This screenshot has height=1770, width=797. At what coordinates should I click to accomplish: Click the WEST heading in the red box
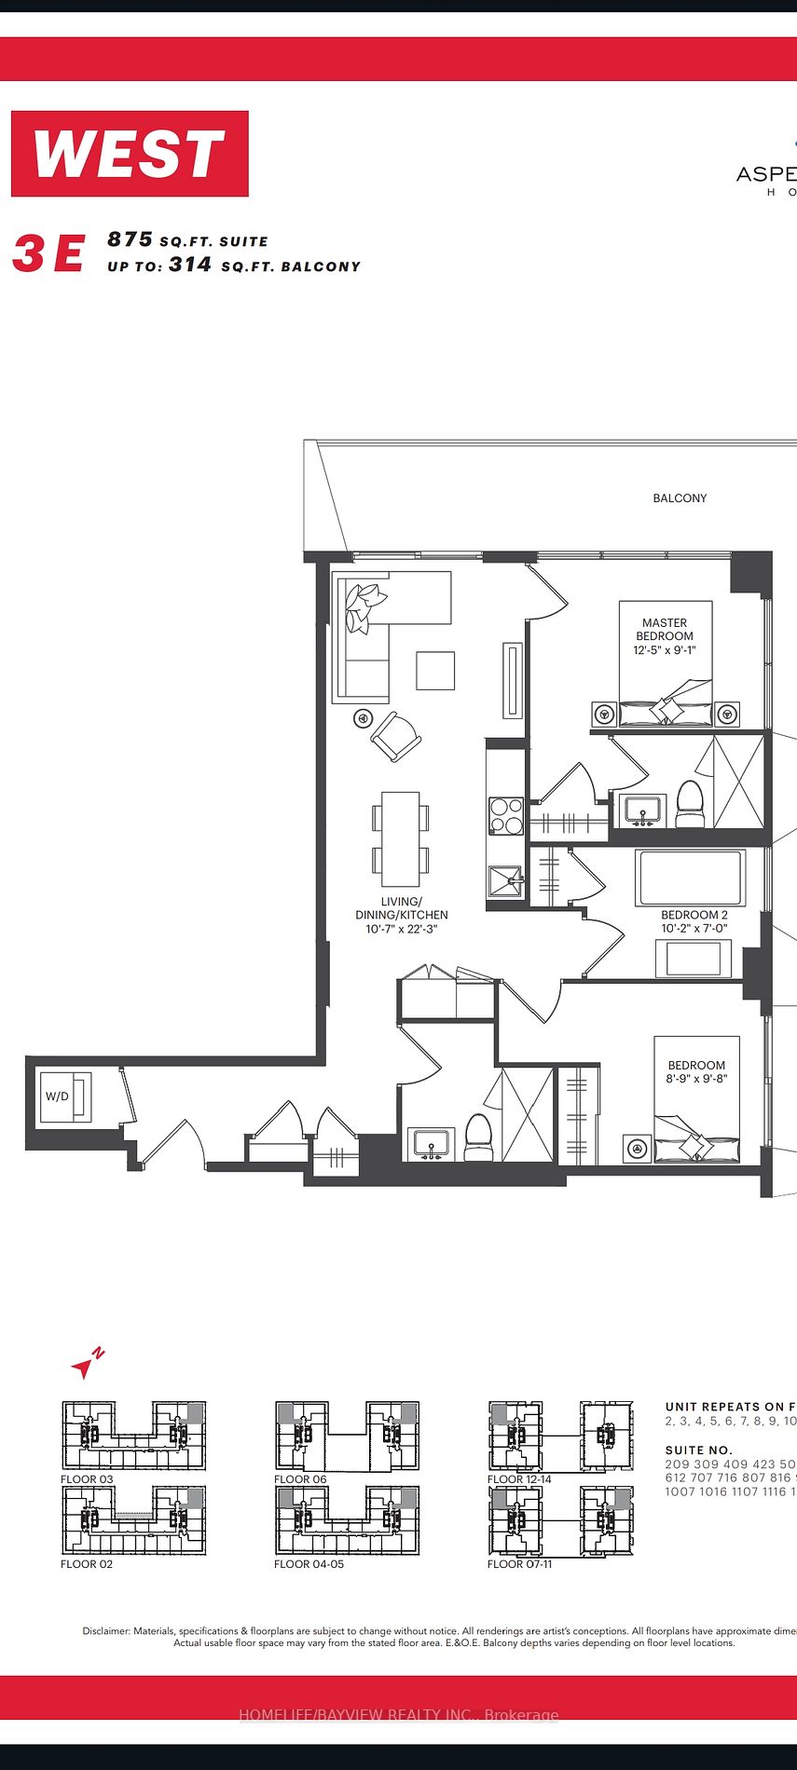pos(130,154)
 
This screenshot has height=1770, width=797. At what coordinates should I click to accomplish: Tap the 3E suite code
pos(48,253)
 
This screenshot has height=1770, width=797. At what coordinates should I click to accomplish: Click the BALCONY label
pos(680,498)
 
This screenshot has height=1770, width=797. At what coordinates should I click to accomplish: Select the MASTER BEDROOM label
pos(665,636)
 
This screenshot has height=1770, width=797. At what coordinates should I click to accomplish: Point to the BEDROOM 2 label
pos(694,921)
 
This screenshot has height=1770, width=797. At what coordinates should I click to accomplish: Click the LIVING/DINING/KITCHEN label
pos(401,915)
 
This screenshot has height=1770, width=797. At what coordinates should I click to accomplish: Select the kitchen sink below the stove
pos(506,880)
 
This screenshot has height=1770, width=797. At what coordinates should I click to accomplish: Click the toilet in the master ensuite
pos(690,805)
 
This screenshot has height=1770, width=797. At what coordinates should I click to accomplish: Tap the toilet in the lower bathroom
pos(478,1138)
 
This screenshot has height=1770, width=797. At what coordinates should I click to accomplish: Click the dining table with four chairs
pos(401,838)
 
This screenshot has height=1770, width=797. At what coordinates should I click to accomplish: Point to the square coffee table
pos(435,670)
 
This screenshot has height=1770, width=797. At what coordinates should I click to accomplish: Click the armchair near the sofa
pos(396,737)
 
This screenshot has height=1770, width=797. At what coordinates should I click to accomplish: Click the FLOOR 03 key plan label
pos(87,1479)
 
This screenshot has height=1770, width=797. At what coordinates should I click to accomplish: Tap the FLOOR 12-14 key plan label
pos(519,1479)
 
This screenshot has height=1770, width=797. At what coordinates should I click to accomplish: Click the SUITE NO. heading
pos(699,1450)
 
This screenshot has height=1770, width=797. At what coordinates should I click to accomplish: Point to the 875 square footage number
pos(130,239)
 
